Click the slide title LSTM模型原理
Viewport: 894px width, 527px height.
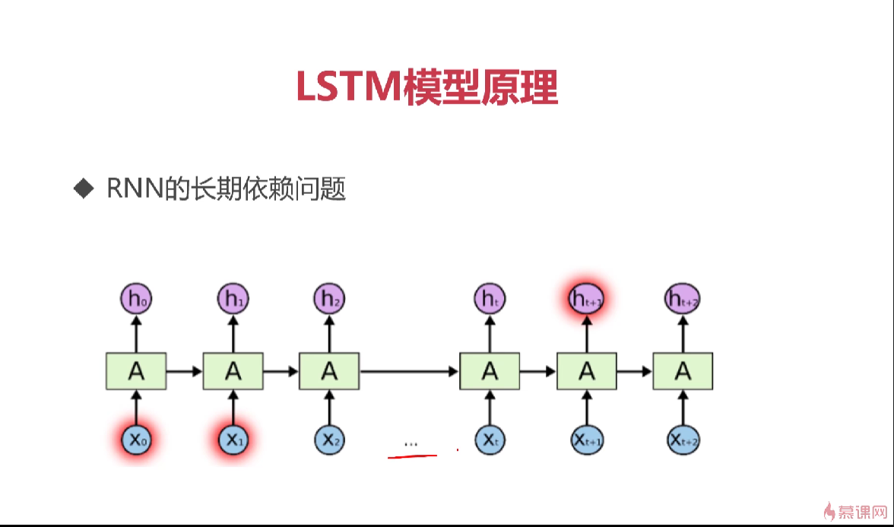(x=426, y=87)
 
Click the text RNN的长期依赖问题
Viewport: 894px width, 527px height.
(x=227, y=188)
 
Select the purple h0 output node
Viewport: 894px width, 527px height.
(x=137, y=300)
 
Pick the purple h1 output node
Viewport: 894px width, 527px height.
(x=233, y=300)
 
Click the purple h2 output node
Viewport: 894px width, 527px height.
(x=329, y=300)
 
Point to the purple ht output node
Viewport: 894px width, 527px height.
(x=490, y=300)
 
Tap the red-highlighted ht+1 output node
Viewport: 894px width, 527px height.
(x=586, y=300)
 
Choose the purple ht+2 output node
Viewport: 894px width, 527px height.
(x=682, y=300)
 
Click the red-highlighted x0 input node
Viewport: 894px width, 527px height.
(x=137, y=439)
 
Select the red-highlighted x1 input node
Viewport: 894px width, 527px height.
(x=233, y=439)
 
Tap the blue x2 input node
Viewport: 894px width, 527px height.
(x=329, y=439)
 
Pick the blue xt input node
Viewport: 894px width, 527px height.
(x=490, y=439)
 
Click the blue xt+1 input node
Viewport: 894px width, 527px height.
(x=586, y=439)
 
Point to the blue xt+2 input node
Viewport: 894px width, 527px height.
(x=682, y=439)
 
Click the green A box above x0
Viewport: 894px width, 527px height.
(x=137, y=371)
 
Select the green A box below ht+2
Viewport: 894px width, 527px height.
(x=682, y=371)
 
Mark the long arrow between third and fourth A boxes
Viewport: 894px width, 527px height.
(x=409, y=371)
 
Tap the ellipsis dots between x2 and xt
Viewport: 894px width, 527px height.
(x=411, y=443)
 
